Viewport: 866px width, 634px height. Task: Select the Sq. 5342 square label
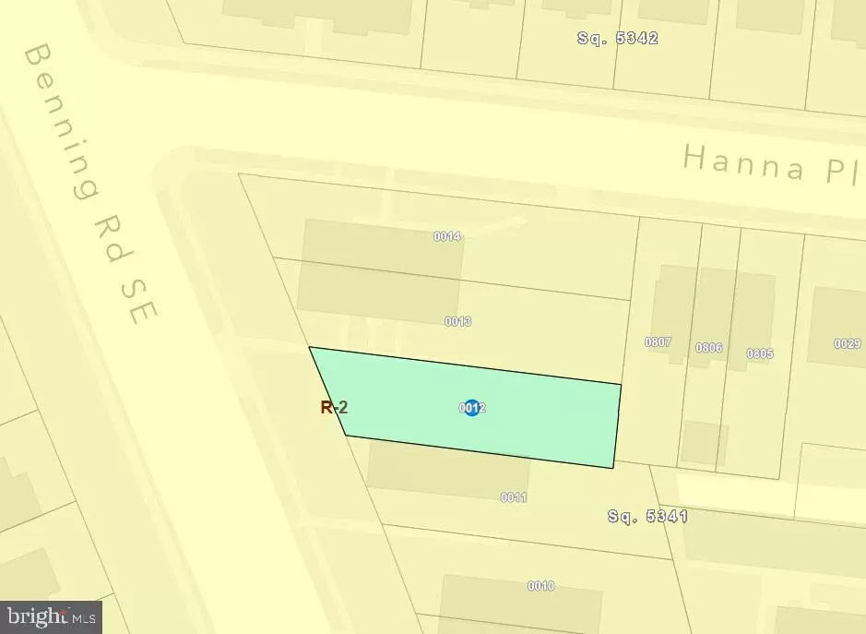point(617,38)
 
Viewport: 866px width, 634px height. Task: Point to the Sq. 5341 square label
point(647,516)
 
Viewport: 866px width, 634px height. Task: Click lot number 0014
point(447,236)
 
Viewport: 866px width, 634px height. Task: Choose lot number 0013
point(458,321)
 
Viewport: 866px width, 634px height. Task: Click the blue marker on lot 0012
point(472,407)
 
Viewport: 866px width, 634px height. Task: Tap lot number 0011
point(514,497)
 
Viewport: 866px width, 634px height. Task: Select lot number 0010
point(540,586)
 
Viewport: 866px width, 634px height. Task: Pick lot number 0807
point(658,341)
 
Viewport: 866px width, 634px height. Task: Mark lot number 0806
point(708,348)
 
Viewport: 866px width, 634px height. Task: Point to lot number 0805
point(760,353)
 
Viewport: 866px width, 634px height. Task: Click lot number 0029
point(847,343)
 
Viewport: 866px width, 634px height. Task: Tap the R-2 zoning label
point(334,407)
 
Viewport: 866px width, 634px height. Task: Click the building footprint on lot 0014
point(382,258)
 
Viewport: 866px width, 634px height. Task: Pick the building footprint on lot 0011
point(433,471)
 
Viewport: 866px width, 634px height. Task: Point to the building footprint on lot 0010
point(498,604)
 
